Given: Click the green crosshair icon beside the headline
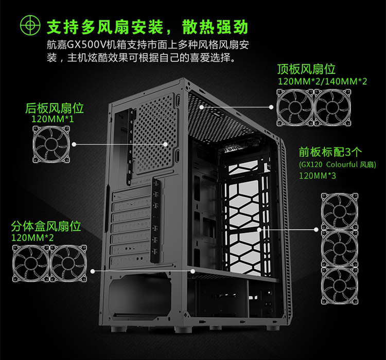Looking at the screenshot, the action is pyautogui.click(x=30, y=25).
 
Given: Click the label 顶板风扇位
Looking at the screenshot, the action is pyautogui.click(x=306, y=69).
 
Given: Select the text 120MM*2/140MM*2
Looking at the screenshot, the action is pyautogui.click(x=322, y=81).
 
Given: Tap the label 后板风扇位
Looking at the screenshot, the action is pyautogui.click(x=55, y=109).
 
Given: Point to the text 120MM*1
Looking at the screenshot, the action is pyautogui.click(x=52, y=119).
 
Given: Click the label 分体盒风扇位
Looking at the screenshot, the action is pyautogui.click(x=46, y=226).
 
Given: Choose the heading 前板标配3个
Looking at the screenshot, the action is pyautogui.click(x=330, y=152).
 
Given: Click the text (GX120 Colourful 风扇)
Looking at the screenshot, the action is pyautogui.click(x=338, y=165).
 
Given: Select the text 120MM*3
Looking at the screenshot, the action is pyautogui.click(x=318, y=176).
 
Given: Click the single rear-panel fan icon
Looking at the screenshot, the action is pyautogui.click(x=51, y=144).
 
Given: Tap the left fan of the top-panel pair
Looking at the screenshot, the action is pyautogui.click(x=295, y=107).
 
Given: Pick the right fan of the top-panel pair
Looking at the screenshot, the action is pyautogui.click(x=332, y=107).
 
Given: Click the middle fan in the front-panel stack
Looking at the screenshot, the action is pyautogui.click(x=340, y=248).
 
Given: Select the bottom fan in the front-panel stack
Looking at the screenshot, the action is pyautogui.click(x=340, y=286).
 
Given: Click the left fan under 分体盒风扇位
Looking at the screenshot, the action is pyautogui.click(x=31, y=263).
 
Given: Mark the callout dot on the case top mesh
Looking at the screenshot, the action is pyautogui.click(x=202, y=107).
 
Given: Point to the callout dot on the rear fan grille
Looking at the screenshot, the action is pyautogui.click(x=165, y=144).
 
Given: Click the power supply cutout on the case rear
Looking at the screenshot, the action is pyautogui.click(x=139, y=296).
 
